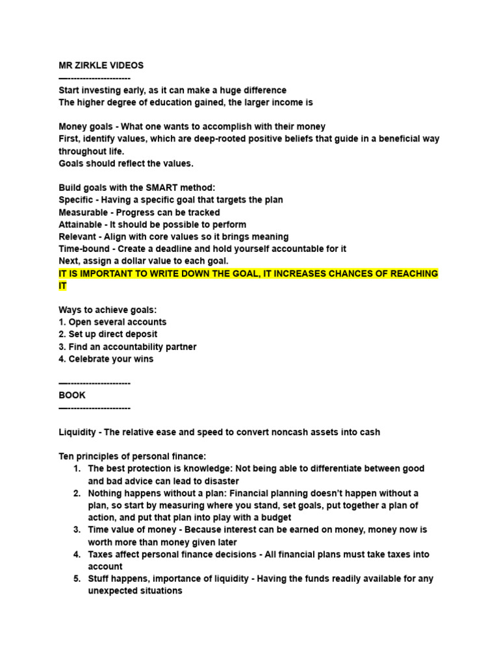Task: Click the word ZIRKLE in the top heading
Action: tap(94, 66)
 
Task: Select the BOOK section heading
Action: tap(72, 395)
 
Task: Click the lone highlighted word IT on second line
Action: tap(62, 286)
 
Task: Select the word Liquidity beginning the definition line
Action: tap(78, 432)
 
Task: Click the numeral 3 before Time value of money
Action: tap(77, 530)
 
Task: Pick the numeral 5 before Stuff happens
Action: tap(77, 579)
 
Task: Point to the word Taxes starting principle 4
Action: tap(101, 555)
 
